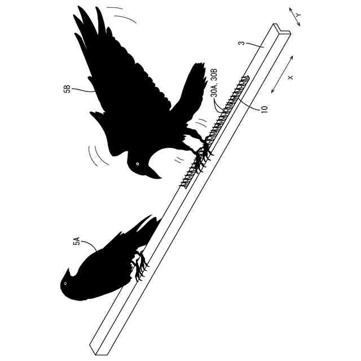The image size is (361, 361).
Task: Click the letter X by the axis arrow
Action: [x=291, y=77]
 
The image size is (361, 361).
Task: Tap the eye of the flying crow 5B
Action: [x=137, y=164]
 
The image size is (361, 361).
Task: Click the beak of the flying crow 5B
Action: [x=154, y=173]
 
